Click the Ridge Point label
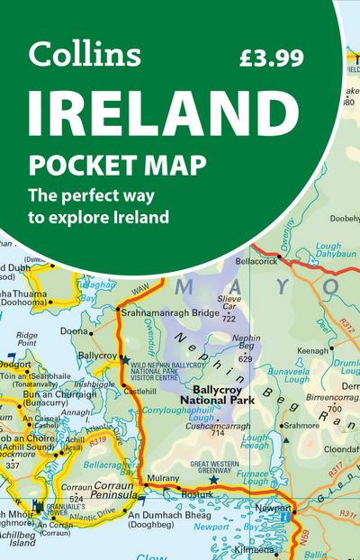[27, 338]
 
